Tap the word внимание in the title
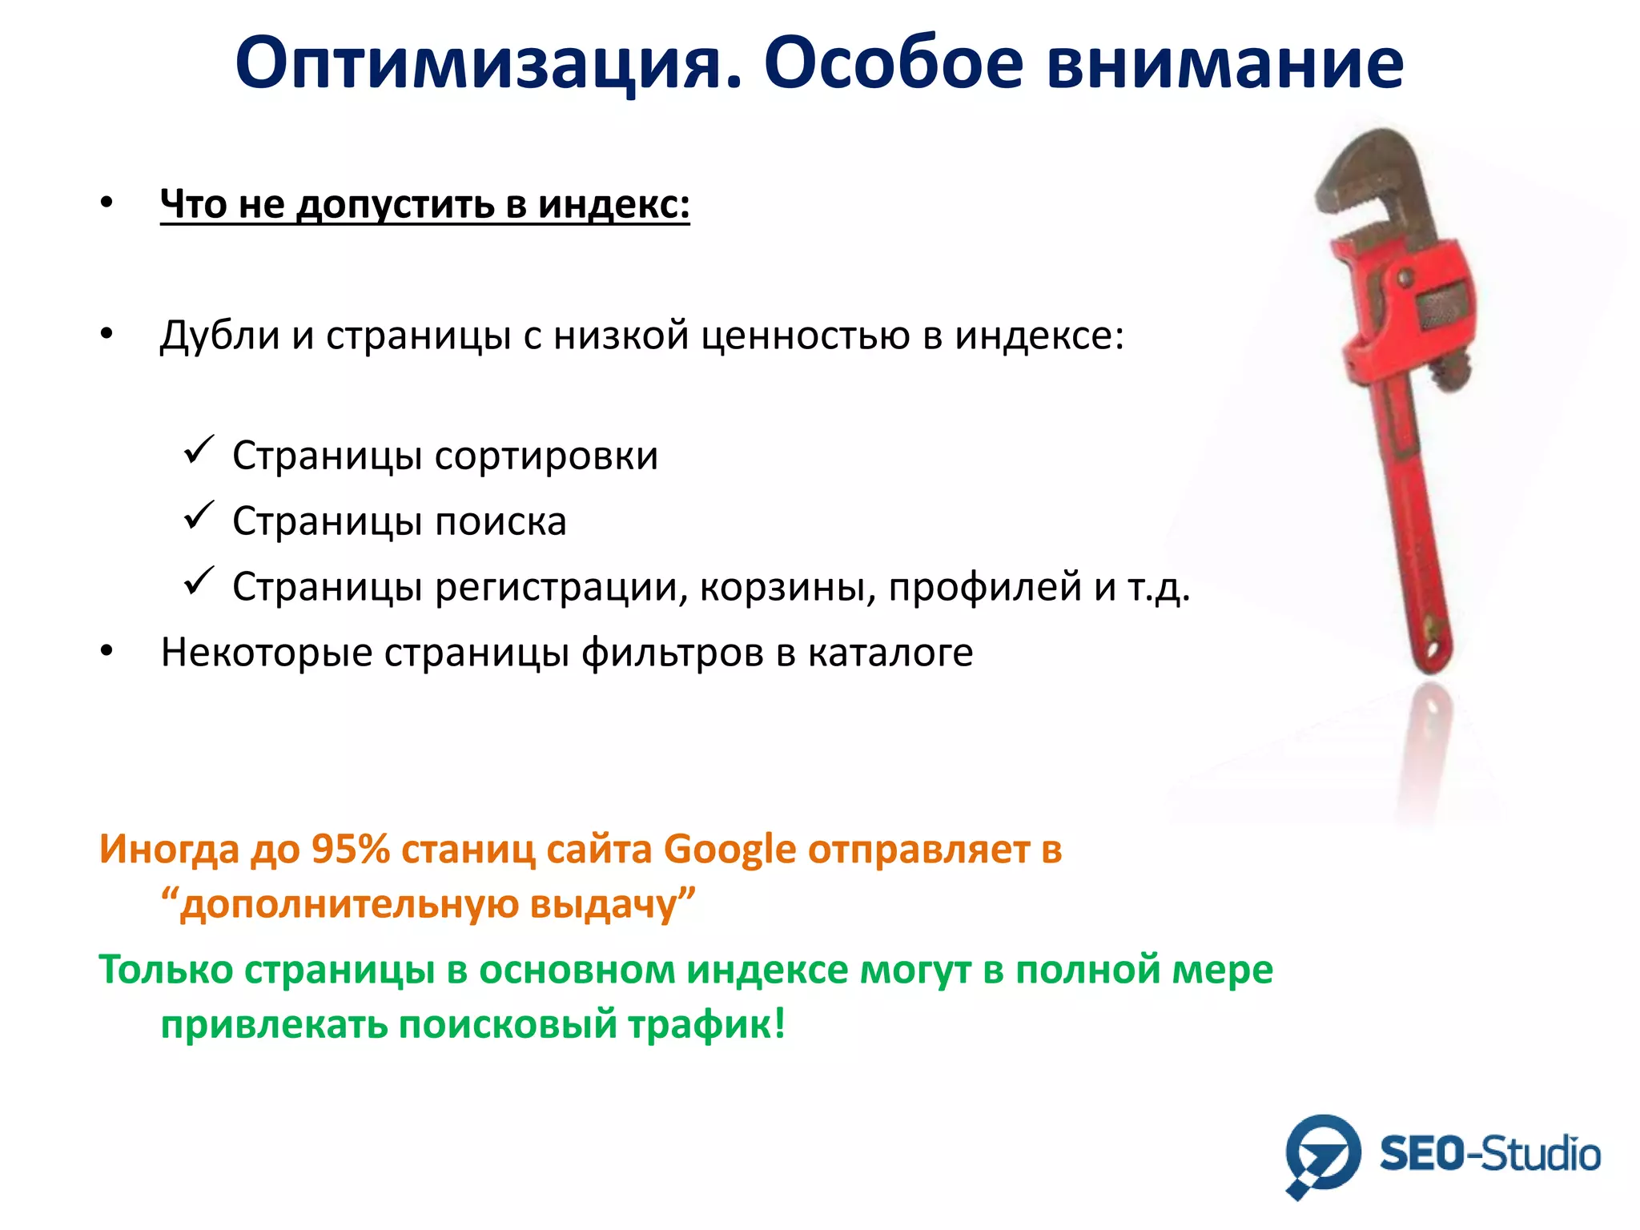pos(1225,64)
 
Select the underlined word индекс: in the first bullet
pos(613,204)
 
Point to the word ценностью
pos(806,336)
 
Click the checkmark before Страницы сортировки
pos(199,450)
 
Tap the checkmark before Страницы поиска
pos(199,516)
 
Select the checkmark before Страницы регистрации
pos(199,581)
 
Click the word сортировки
pos(547,456)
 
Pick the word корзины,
pos(788,588)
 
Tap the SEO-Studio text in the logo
pos(1489,1155)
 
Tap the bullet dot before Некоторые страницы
pos(107,652)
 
